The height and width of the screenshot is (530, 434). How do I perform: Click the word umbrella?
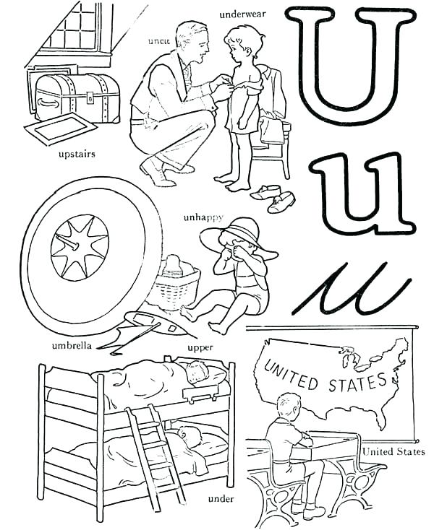pyautogui.click(x=72, y=345)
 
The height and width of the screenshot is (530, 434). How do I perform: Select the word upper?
pyautogui.click(x=200, y=348)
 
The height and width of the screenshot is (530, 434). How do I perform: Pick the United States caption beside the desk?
pyautogui.click(x=394, y=452)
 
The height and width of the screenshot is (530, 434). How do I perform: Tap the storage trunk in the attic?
pyautogui.click(x=77, y=97)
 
